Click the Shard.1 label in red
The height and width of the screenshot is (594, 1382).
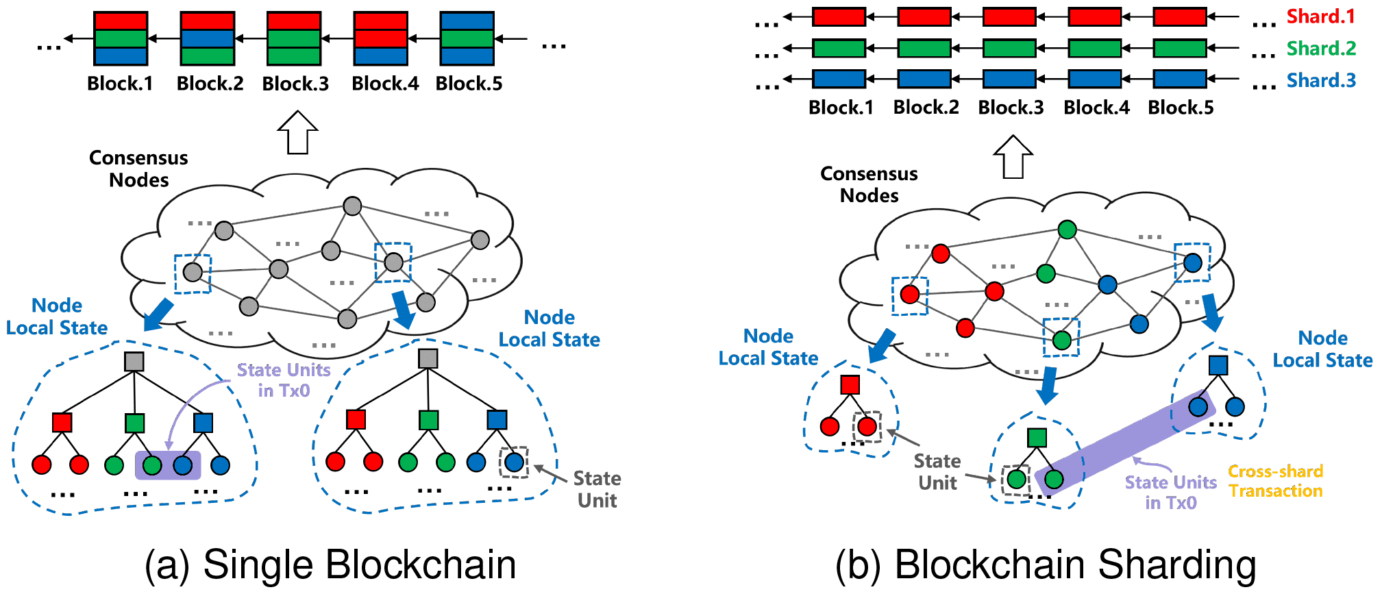click(x=1320, y=16)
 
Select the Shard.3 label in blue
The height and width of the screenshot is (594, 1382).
click(x=1320, y=80)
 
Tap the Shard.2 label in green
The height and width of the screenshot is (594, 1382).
click(x=1320, y=48)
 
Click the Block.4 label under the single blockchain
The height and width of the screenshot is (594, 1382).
click(x=385, y=84)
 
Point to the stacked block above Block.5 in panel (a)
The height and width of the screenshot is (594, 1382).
click(x=467, y=38)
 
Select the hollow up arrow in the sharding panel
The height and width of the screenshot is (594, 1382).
click(x=1013, y=157)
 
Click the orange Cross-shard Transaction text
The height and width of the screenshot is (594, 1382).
click(x=1275, y=481)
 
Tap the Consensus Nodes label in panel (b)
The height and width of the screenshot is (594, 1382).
click(x=869, y=184)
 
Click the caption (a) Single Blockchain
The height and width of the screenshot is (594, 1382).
click(x=330, y=565)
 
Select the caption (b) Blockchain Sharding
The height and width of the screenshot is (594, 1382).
click(x=1046, y=565)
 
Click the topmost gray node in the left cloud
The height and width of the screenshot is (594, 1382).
click(x=352, y=206)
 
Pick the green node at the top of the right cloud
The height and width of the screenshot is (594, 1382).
click(x=1067, y=230)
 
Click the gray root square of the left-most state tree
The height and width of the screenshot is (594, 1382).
click(x=134, y=362)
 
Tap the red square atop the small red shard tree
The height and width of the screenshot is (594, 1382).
click(x=850, y=384)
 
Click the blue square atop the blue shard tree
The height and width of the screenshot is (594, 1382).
click(x=1218, y=365)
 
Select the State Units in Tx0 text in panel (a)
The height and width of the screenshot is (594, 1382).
click(x=284, y=380)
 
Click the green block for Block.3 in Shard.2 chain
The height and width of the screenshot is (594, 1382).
click(x=1009, y=48)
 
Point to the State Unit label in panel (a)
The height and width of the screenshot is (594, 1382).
click(x=597, y=489)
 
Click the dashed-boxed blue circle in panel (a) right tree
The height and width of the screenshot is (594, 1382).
click(x=514, y=462)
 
